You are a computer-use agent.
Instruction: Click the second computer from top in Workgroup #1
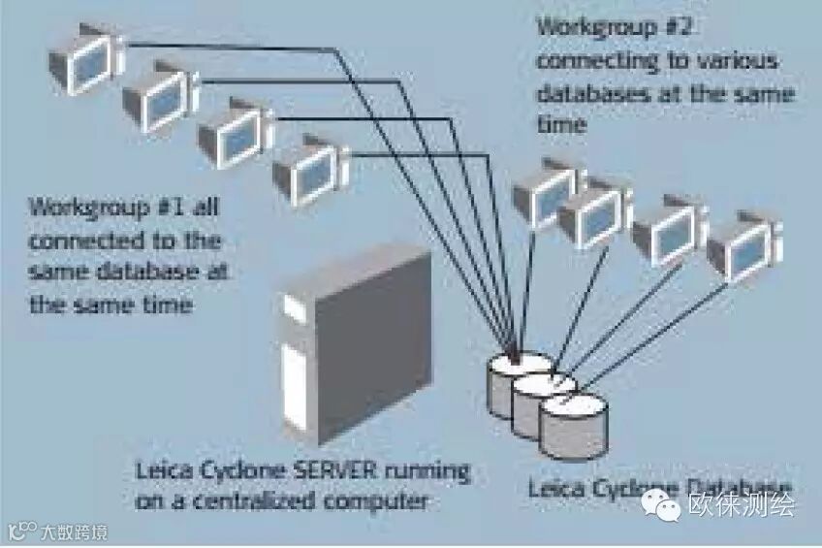pyautogui.click(x=159, y=94)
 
